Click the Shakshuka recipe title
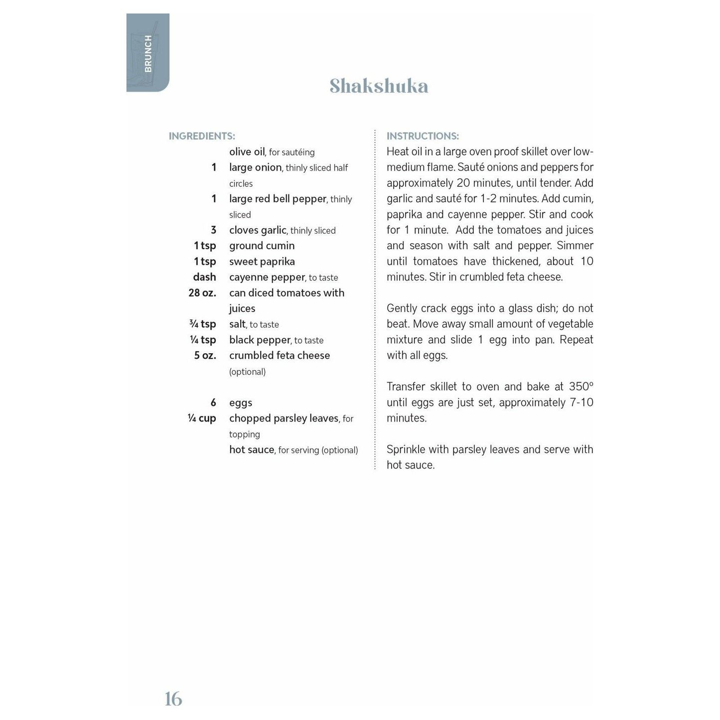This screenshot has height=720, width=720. [x=379, y=86]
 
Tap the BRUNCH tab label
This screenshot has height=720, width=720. [x=148, y=53]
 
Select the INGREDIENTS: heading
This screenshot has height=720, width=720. [x=202, y=136]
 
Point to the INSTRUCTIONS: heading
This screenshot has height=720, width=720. [x=423, y=136]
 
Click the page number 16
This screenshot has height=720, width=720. [x=173, y=699]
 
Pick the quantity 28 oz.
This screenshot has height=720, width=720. [x=202, y=293]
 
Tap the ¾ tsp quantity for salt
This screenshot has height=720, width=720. [x=203, y=324]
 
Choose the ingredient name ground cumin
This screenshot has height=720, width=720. [x=262, y=246]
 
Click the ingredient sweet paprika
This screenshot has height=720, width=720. [x=262, y=262]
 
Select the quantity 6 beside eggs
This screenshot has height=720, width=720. [x=213, y=403]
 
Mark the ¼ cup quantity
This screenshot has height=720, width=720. [x=202, y=419]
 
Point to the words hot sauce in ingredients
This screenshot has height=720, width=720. [x=252, y=449]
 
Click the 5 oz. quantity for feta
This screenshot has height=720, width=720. [x=205, y=356]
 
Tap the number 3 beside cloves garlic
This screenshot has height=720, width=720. [x=213, y=230]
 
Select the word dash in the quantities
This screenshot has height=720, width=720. [x=204, y=277]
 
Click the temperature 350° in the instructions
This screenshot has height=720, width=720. [x=581, y=387]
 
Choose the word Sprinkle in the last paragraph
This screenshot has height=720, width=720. [x=405, y=449]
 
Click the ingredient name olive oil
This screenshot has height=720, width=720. [x=247, y=152]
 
